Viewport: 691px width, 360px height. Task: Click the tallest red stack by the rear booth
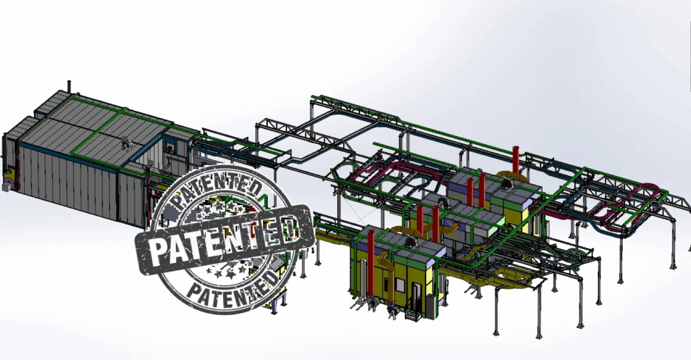pyautogui.click(x=516, y=160)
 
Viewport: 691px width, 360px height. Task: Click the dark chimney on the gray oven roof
pyautogui.click(x=70, y=86)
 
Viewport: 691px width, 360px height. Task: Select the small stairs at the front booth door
pyautogui.click(x=413, y=315)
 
